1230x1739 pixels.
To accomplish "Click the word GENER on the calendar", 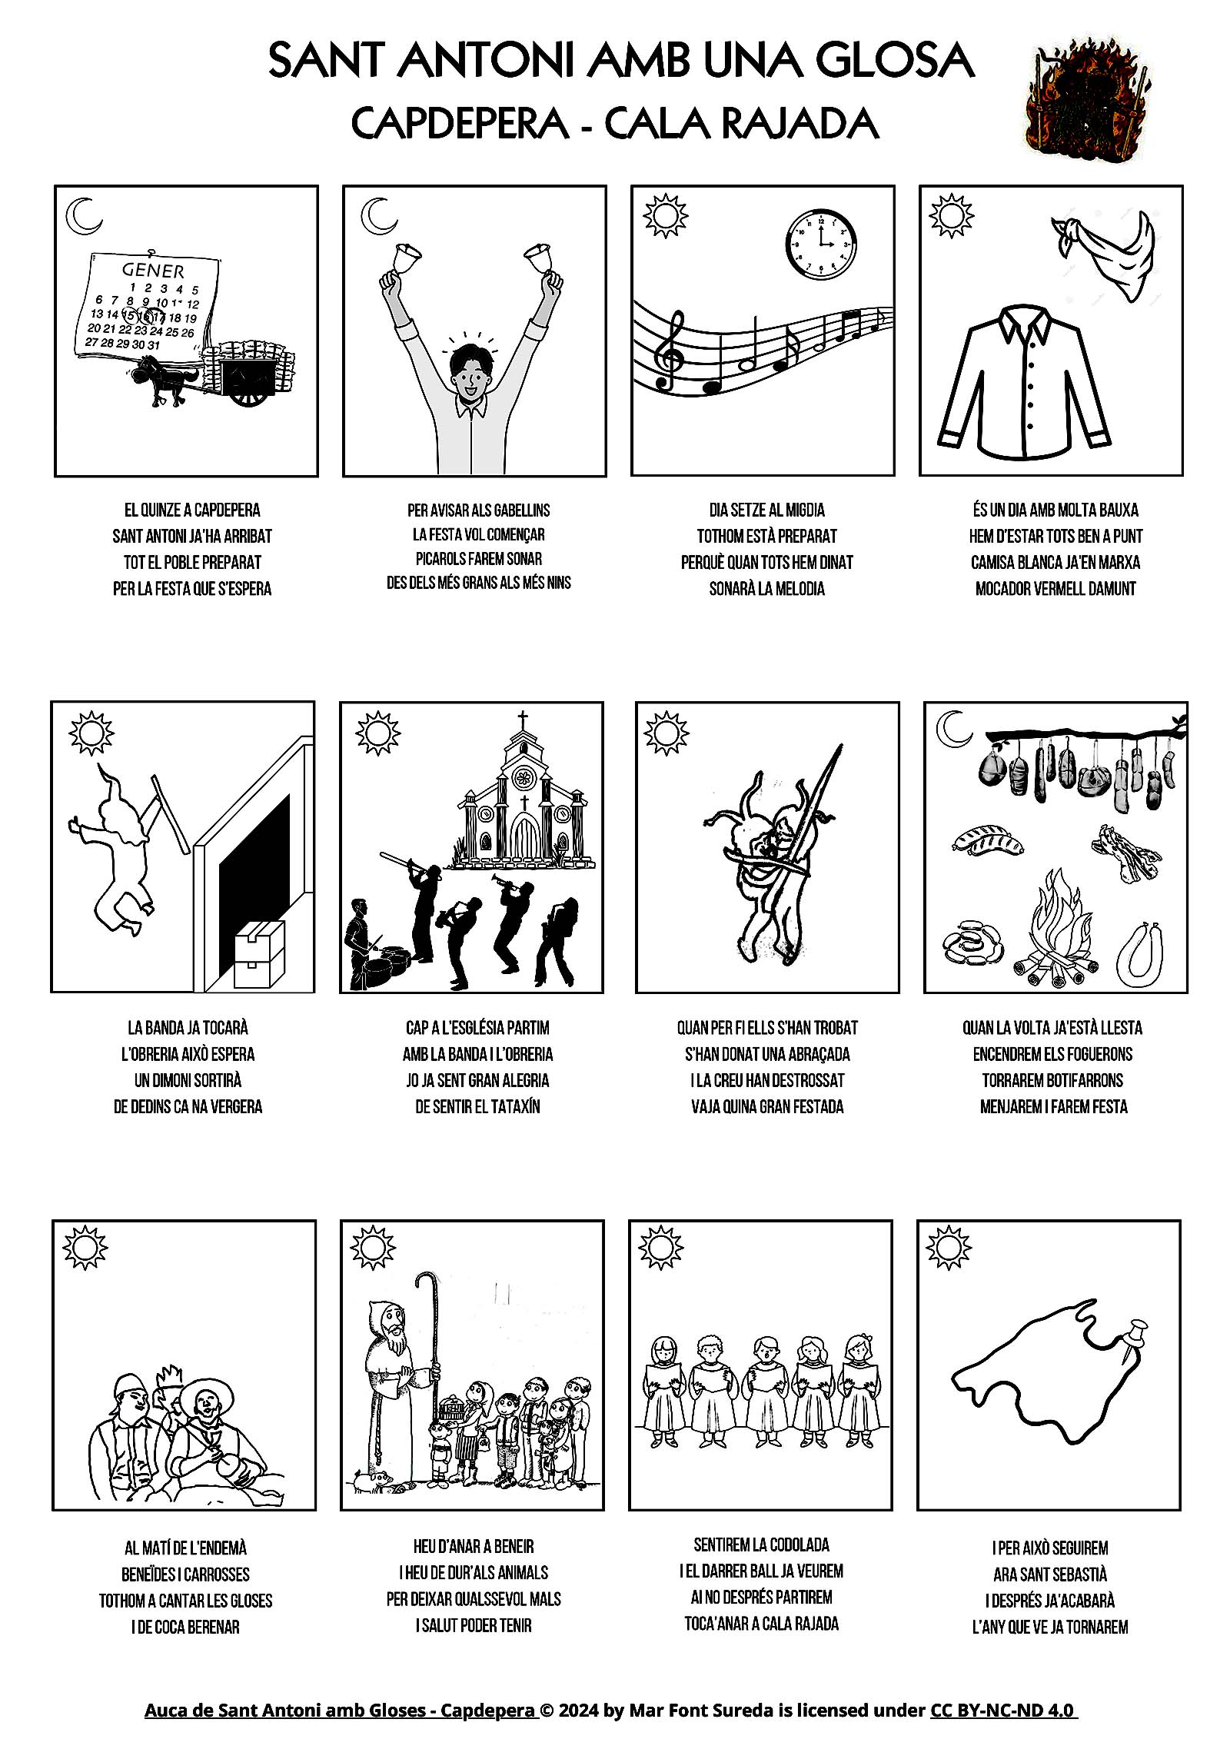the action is coord(153,270).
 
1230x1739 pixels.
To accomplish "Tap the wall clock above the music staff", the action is coord(821,243).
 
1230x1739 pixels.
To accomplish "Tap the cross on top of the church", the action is coord(523,721).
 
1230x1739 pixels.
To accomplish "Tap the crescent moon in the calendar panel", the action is coord(84,216).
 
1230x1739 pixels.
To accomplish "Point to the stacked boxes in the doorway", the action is coord(259,953).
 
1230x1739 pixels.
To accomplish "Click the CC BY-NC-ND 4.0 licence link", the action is coord(1004,1711).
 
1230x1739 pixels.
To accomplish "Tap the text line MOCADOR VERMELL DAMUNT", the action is coord(1055,589).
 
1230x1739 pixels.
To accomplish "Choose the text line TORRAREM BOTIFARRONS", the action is coord(1052,1081).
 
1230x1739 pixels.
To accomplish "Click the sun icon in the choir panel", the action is coord(661,1248).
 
